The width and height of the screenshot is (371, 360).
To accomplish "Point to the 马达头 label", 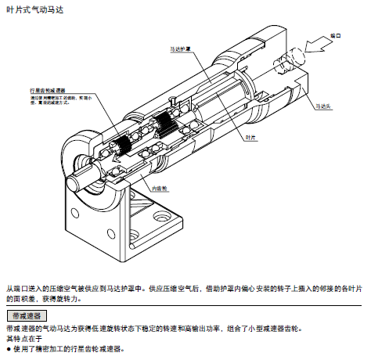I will (324, 104).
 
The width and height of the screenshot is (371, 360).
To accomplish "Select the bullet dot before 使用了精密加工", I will (8, 348).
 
